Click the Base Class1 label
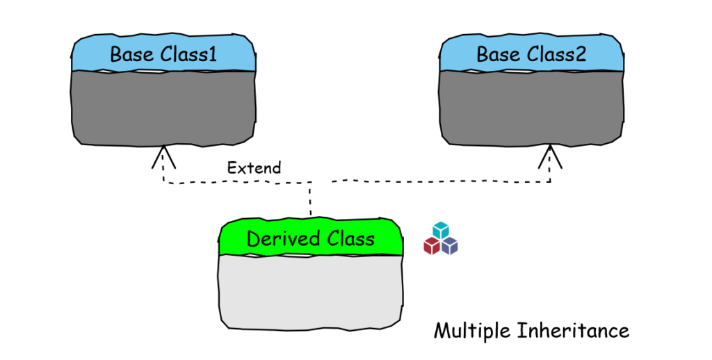coord(163,54)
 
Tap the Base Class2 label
coord(531,54)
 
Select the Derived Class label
coord(310,239)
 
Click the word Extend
coord(254,167)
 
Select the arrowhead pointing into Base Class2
coord(551,156)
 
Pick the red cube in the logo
coord(432,245)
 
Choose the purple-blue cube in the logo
coord(450,245)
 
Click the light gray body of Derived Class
coord(310,291)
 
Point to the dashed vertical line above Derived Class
coord(310,202)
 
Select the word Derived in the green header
coord(277,239)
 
